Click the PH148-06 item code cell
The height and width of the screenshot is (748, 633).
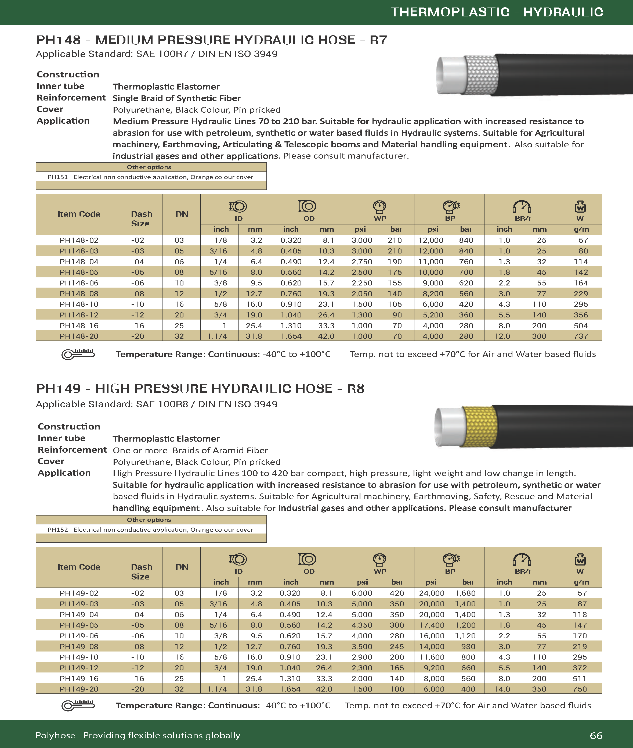[79, 283]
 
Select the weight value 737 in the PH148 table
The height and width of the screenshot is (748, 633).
[581, 336]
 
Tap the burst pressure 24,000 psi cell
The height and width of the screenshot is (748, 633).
[431, 593]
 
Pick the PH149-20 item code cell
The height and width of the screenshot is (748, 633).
[79, 689]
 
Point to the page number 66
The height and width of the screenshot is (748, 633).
[596, 735]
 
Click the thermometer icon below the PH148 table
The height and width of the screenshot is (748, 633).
[78, 354]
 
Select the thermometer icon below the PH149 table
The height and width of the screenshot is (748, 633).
[78, 705]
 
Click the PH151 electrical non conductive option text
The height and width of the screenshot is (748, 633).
[150, 177]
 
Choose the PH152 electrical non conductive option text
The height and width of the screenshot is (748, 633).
[150, 530]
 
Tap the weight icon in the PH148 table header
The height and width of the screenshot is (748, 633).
[580, 206]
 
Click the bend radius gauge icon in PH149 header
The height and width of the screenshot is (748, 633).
[522, 559]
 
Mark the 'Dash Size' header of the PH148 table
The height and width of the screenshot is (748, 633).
[141, 218]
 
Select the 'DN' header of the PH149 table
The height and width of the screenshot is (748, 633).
[182, 567]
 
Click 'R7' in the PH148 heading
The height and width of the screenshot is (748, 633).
[378, 40]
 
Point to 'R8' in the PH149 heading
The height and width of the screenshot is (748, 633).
[356, 389]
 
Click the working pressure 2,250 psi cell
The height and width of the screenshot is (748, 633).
[362, 283]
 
